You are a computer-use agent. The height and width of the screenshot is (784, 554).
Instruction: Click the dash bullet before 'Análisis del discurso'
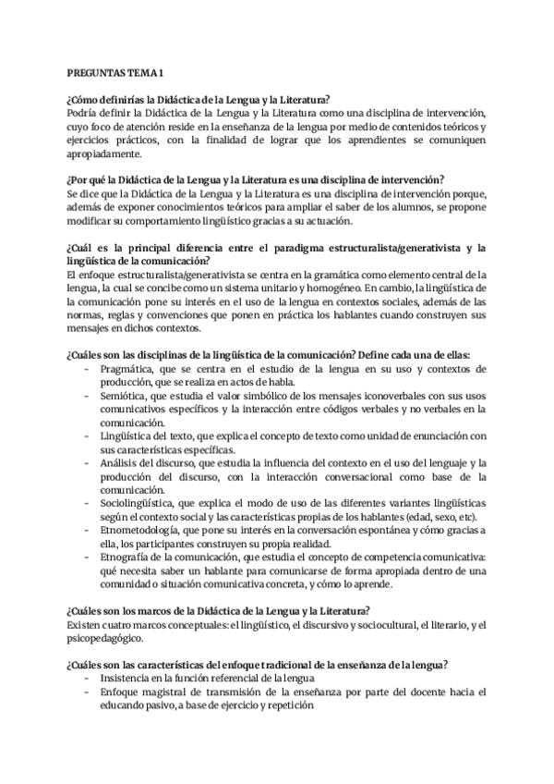pyautogui.click(x=86, y=462)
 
